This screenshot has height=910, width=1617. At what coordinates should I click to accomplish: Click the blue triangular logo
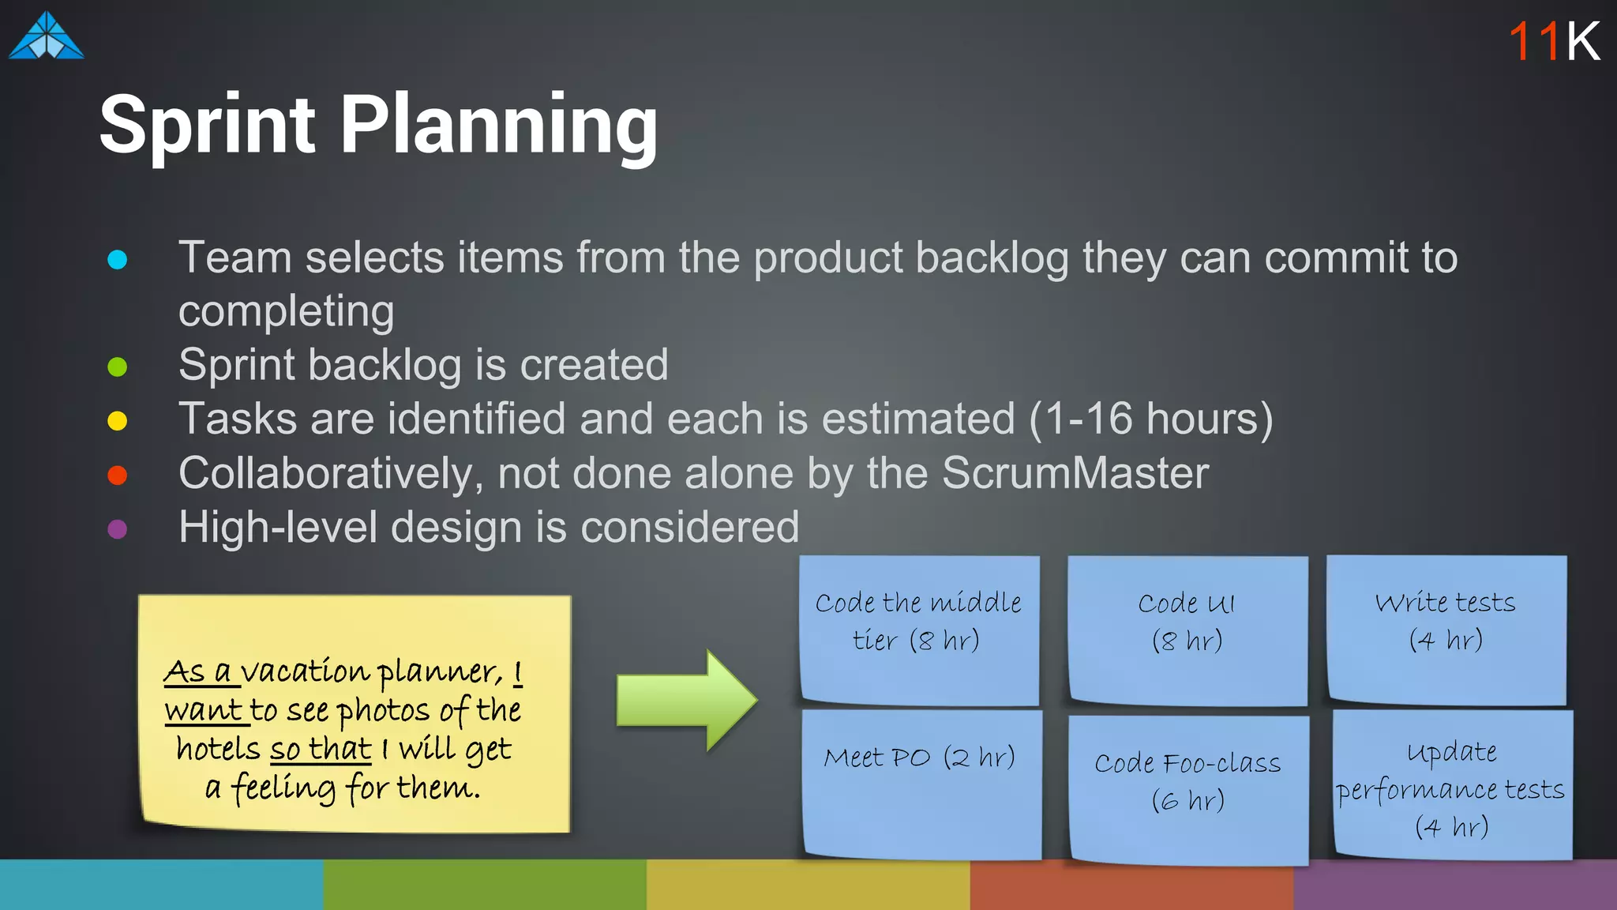[46, 36]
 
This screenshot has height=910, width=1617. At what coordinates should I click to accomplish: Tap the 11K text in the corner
[1553, 41]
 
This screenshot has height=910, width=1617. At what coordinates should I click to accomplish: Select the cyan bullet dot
[118, 259]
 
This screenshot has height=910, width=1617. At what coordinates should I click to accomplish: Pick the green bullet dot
[118, 367]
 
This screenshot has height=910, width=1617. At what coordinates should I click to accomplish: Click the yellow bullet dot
[118, 420]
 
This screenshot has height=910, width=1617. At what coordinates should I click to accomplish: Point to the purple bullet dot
[118, 528]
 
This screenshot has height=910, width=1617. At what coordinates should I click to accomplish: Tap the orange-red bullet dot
[118, 475]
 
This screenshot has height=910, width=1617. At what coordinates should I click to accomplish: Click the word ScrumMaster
[1075, 474]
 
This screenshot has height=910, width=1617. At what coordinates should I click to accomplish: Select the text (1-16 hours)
[1150, 419]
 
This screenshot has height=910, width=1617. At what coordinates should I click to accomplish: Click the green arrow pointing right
[685, 700]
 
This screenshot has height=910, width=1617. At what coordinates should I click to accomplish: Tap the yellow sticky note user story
[355, 713]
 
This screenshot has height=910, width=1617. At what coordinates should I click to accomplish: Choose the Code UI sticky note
[1187, 630]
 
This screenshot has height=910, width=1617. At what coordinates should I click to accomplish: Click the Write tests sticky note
[1446, 629]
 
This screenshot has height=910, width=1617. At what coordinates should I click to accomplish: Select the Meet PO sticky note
[921, 782]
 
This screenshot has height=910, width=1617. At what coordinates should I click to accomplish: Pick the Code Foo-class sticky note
[1188, 788]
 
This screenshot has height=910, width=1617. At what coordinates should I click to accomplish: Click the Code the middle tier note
[919, 629]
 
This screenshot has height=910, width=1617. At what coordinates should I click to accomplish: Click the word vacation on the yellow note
[305, 672]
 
